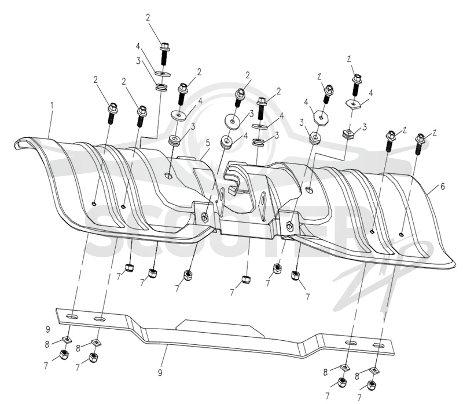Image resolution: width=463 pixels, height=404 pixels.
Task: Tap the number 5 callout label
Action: [x=208, y=144]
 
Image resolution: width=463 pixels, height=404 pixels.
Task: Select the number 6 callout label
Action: [x=442, y=186]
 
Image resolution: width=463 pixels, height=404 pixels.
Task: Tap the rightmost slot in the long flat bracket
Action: [x=379, y=345]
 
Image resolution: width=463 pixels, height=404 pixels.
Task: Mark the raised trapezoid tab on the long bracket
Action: [x=220, y=327]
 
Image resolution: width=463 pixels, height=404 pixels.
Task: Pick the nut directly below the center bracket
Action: [x=246, y=279]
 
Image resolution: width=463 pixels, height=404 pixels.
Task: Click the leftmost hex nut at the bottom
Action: [x=64, y=354]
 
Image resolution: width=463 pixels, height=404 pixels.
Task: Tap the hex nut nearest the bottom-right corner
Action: [x=372, y=385]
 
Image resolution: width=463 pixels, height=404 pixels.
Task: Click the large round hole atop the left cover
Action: [x=169, y=176]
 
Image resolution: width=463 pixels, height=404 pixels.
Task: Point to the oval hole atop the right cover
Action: [x=310, y=188]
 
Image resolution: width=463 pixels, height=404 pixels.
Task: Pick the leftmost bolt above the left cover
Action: [x=112, y=113]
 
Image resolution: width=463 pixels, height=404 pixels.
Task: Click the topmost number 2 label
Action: [x=148, y=17]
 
